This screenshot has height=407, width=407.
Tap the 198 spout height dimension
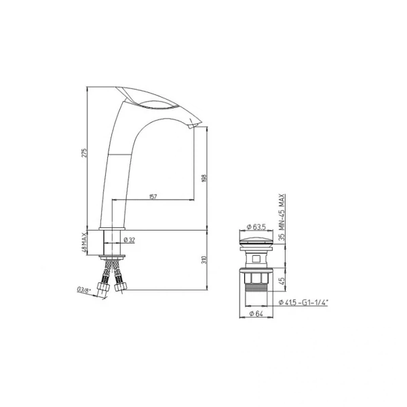coord(203,178)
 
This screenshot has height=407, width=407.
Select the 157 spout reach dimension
coord(153,197)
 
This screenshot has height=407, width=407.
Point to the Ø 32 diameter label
coord(130,240)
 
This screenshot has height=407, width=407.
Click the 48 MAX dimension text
coord(84,242)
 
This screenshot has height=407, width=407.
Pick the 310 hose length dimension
coord(204,260)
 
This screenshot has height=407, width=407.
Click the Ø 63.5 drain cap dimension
coord(256,227)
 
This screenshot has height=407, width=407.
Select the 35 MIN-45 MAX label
coord(282,217)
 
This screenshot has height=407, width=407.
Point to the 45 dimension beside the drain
coord(282,280)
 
